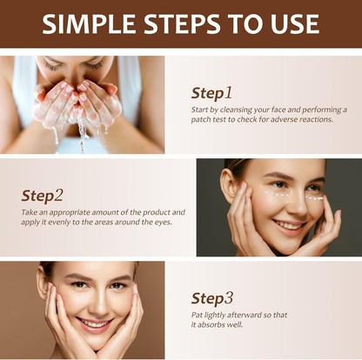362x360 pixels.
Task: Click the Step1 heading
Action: pos(211,92)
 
